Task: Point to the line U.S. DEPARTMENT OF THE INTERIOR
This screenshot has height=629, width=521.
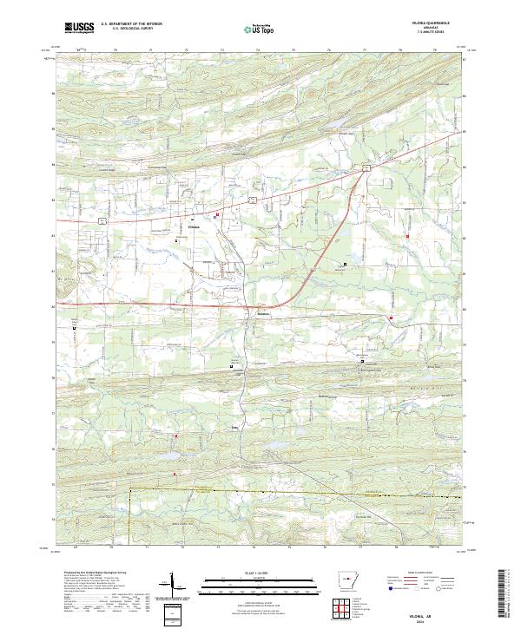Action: [x=131, y=23]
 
